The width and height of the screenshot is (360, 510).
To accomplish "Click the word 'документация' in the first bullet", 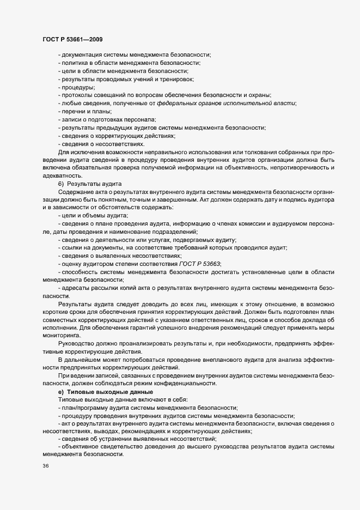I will click(x=81, y=55).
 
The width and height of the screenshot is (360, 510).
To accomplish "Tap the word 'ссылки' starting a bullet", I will click(x=74, y=247).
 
